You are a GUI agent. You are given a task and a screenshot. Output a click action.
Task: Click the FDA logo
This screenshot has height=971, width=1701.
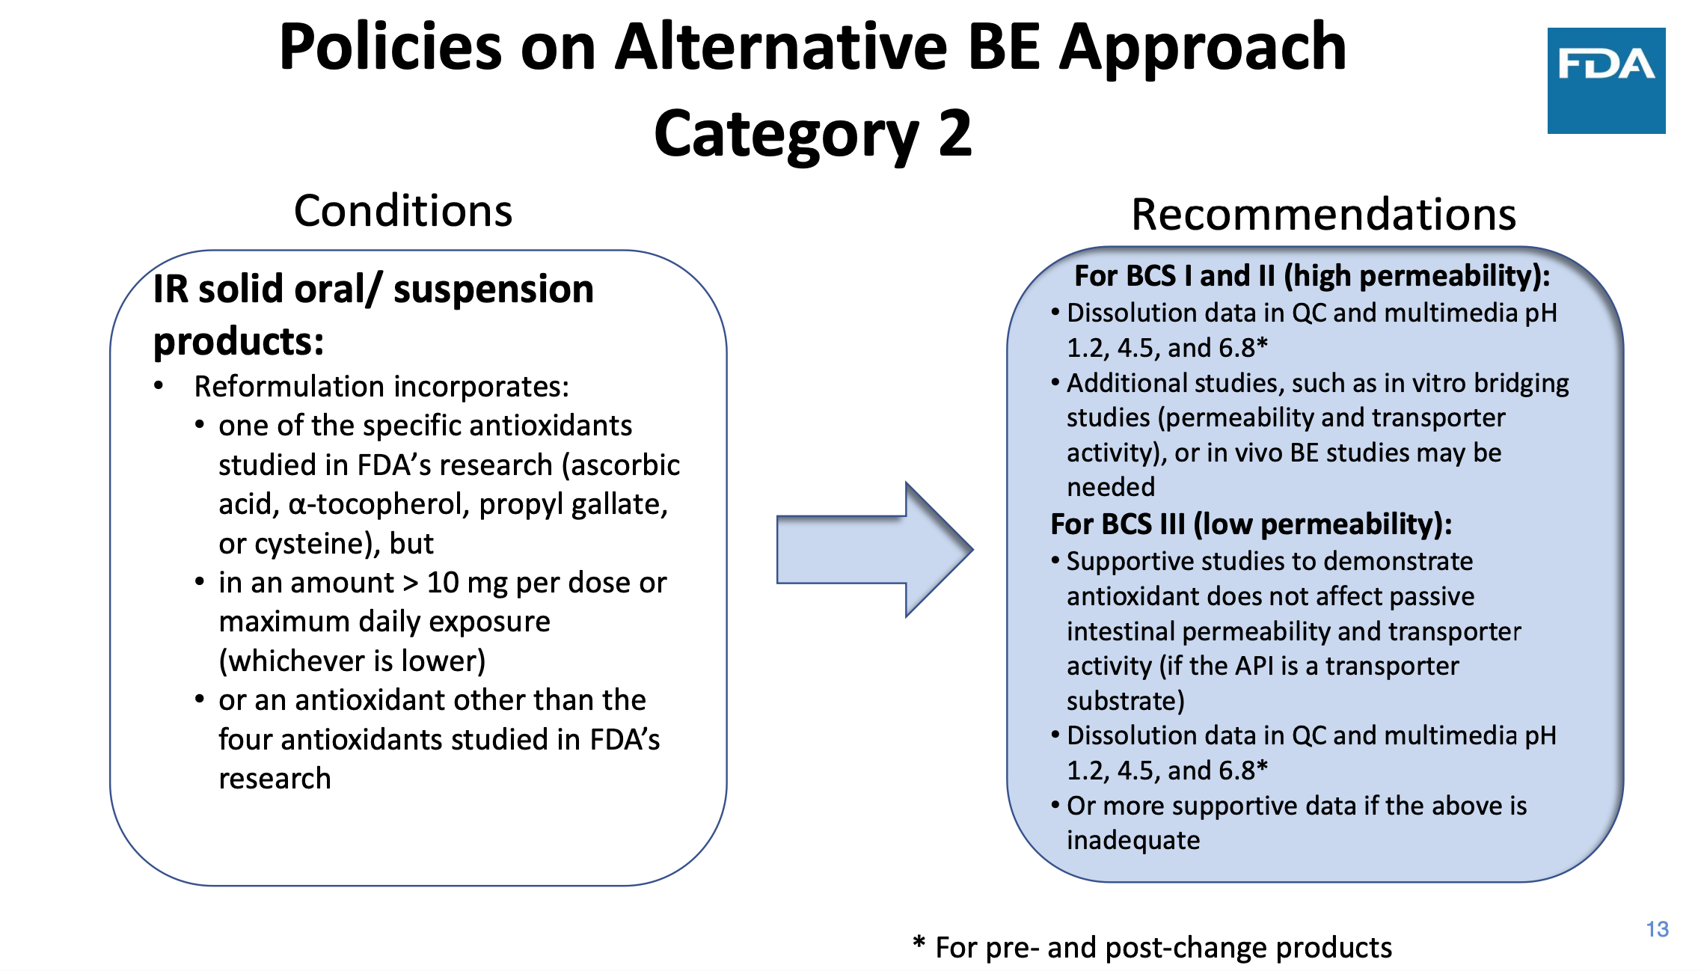pos(1606,81)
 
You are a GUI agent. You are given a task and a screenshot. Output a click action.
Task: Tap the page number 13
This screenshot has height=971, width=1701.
pos(1657,929)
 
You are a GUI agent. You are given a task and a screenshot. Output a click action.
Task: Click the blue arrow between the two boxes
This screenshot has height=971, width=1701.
pos(874,550)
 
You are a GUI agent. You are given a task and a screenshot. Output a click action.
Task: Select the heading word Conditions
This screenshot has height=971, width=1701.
pos(403,211)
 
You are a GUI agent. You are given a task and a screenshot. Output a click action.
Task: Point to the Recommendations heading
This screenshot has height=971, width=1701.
pos(1323,215)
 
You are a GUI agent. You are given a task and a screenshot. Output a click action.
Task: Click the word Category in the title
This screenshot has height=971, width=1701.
pos(786,135)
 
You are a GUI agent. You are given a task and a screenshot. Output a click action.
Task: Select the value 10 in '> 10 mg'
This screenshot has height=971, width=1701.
pos(443,583)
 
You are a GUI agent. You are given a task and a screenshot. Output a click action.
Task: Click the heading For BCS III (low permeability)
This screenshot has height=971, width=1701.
pos(1251,524)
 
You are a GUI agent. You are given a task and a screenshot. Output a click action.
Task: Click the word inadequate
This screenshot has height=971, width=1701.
pos(1133,840)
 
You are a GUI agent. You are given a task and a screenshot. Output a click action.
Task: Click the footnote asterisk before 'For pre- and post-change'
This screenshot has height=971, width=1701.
pos(919,942)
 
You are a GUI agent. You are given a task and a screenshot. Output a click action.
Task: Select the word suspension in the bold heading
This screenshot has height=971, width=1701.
pos(494,290)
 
